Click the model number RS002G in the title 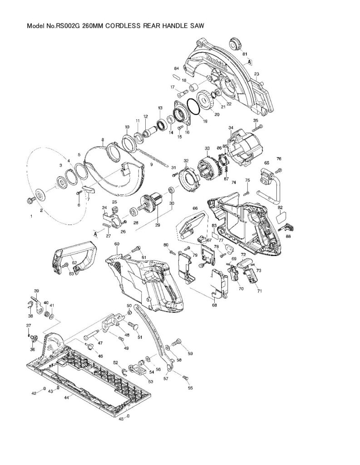click(67, 26)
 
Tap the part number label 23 click(257, 74)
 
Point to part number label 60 click(117, 244)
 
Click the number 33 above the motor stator click(207, 148)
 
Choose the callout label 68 click(214, 305)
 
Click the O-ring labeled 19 click(192, 109)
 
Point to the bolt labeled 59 click(177, 341)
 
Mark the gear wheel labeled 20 click(209, 101)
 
